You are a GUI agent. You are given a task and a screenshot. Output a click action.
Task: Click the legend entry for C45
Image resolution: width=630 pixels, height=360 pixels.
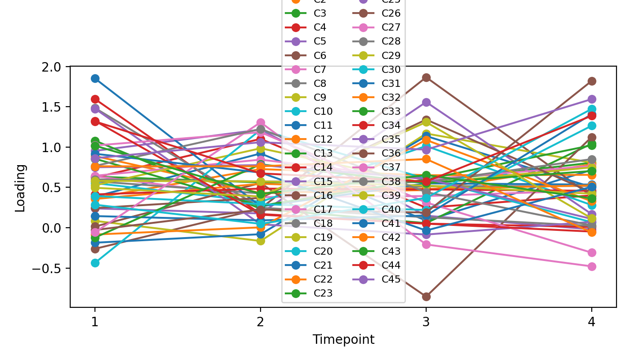click(x=391, y=279)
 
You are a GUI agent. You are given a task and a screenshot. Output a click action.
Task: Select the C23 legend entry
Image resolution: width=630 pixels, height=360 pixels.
click(x=323, y=293)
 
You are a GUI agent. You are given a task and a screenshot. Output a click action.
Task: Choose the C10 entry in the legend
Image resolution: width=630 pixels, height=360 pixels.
click(x=323, y=111)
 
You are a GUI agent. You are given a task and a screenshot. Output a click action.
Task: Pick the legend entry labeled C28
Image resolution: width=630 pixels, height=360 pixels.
click(x=391, y=41)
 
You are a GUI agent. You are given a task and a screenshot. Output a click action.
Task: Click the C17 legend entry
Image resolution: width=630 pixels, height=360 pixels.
click(x=323, y=209)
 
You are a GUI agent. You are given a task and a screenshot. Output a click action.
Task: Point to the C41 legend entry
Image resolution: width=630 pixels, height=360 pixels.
click(x=391, y=223)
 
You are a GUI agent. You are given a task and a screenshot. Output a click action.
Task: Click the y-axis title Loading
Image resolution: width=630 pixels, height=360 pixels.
click(x=20, y=188)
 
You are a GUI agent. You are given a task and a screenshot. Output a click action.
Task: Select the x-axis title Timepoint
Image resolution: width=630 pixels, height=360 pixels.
click(x=343, y=340)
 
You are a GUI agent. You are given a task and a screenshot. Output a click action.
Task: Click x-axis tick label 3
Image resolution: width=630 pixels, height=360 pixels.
click(x=426, y=322)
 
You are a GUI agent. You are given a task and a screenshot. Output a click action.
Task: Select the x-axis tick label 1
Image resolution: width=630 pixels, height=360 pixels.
click(x=94, y=322)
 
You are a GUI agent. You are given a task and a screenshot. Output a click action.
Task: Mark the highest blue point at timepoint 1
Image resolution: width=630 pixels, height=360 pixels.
click(x=95, y=79)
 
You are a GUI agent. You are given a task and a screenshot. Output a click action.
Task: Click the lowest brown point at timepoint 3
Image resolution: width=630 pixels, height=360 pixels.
click(x=426, y=297)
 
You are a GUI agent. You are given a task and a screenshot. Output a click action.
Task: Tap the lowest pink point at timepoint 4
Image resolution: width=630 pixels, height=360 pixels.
click(x=592, y=266)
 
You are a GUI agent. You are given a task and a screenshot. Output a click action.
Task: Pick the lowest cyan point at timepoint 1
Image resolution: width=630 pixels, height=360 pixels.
click(x=95, y=263)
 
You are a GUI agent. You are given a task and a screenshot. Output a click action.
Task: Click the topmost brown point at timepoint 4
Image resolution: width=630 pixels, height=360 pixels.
click(x=592, y=81)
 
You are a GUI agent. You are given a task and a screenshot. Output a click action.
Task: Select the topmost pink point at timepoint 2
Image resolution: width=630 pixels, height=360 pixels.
click(x=261, y=122)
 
